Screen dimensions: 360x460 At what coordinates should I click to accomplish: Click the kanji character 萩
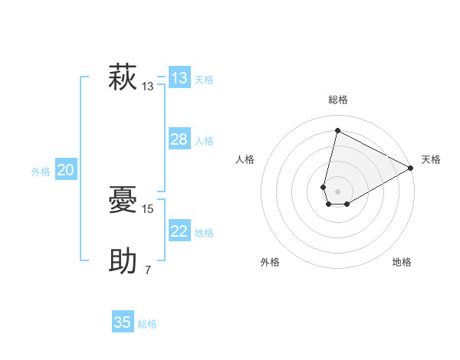pyautogui.click(x=123, y=78)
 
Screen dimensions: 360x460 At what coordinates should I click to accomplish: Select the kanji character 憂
pyautogui.click(x=123, y=201)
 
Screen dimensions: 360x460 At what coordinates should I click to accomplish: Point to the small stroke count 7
pyautogui.click(x=148, y=270)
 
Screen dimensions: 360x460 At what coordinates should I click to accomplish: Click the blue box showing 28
pyautogui.click(x=179, y=139)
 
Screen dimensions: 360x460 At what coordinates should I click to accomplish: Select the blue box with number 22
pyautogui.click(x=179, y=231)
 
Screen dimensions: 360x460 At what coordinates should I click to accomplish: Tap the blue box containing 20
pyautogui.click(x=65, y=171)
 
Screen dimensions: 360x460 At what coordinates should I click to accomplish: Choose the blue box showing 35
pyautogui.click(x=122, y=322)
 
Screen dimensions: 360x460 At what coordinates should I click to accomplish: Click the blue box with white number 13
pyautogui.click(x=179, y=78)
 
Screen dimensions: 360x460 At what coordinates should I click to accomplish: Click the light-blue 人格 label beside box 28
pyautogui.click(x=204, y=141)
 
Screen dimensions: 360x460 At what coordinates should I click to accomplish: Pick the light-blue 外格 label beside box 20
pyautogui.click(x=41, y=172)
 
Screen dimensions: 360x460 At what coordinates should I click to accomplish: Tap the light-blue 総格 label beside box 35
pyautogui.click(x=147, y=324)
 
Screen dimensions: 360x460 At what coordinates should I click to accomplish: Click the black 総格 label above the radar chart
pyautogui.click(x=338, y=100)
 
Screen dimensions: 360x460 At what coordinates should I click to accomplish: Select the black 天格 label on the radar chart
pyautogui.click(x=431, y=159)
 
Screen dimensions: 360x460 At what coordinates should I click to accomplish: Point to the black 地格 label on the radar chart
pyautogui.click(x=402, y=262)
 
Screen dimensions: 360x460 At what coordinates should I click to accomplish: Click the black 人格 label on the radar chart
pyautogui.click(x=245, y=159)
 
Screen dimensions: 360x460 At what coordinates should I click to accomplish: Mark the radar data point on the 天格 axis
pyautogui.click(x=411, y=168)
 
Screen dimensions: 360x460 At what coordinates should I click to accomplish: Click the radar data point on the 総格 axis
pyautogui.click(x=337, y=130)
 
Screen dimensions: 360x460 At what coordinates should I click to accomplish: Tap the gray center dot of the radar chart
pyautogui.click(x=337, y=191)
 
